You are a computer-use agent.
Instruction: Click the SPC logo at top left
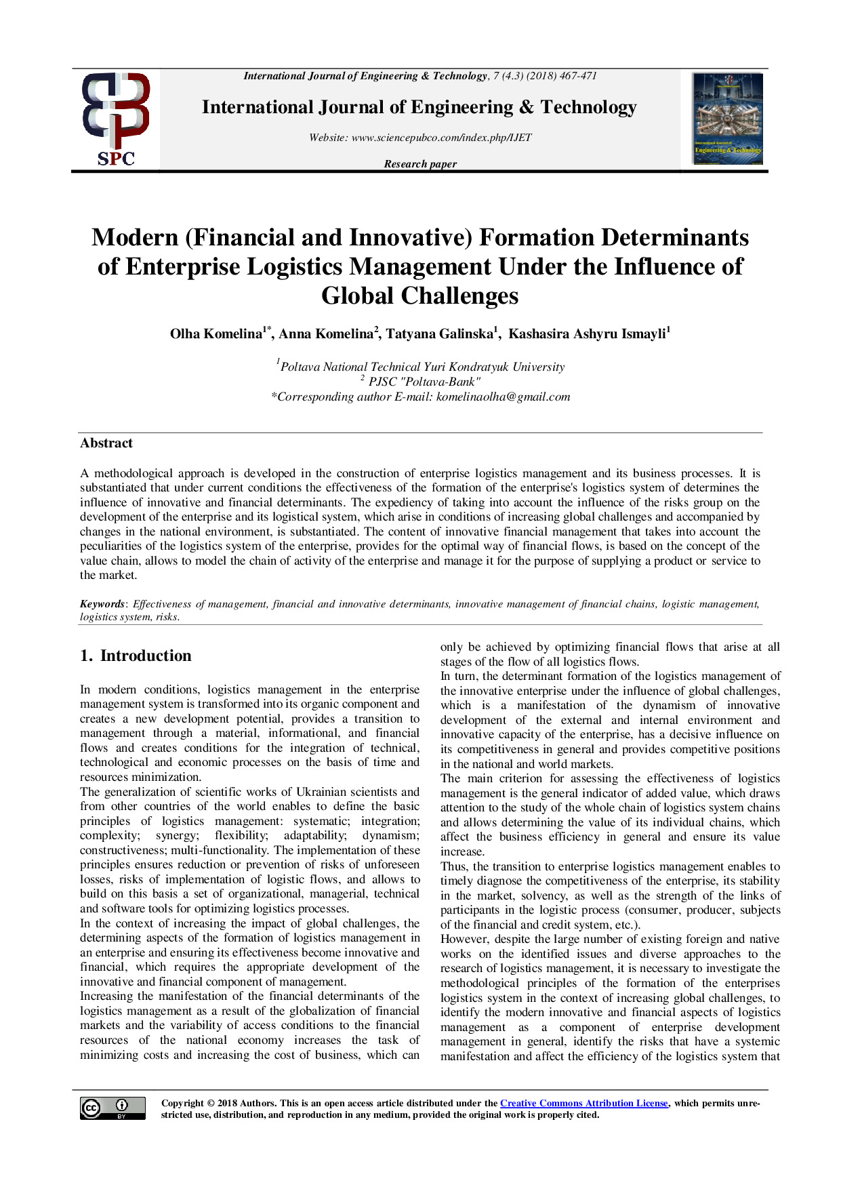[x=116, y=119]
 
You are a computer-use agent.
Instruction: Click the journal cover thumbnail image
[x=728, y=119]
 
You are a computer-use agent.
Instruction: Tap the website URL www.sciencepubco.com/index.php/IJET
[x=441, y=138]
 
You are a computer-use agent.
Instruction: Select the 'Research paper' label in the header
[x=420, y=164]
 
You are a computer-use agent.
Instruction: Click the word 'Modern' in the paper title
[x=135, y=237]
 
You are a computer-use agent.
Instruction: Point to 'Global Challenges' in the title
[x=420, y=296]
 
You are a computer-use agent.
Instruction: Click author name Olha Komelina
[x=216, y=334]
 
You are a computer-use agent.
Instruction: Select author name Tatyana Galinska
[x=439, y=334]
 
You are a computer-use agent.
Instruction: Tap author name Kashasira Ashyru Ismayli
[x=587, y=334]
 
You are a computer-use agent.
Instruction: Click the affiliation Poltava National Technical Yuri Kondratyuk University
[x=422, y=367]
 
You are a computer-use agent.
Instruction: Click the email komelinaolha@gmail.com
[x=503, y=397]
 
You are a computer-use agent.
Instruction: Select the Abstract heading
[x=106, y=443]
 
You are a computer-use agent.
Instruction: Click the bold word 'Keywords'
[x=102, y=604]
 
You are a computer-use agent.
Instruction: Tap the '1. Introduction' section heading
[x=136, y=656]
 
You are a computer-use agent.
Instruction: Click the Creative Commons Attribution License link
[x=583, y=1103]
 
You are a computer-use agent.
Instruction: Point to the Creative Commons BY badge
[x=112, y=1108]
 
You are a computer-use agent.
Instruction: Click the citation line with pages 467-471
[x=420, y=76]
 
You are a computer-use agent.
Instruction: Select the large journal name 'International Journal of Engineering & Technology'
[x=419, y=107]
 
